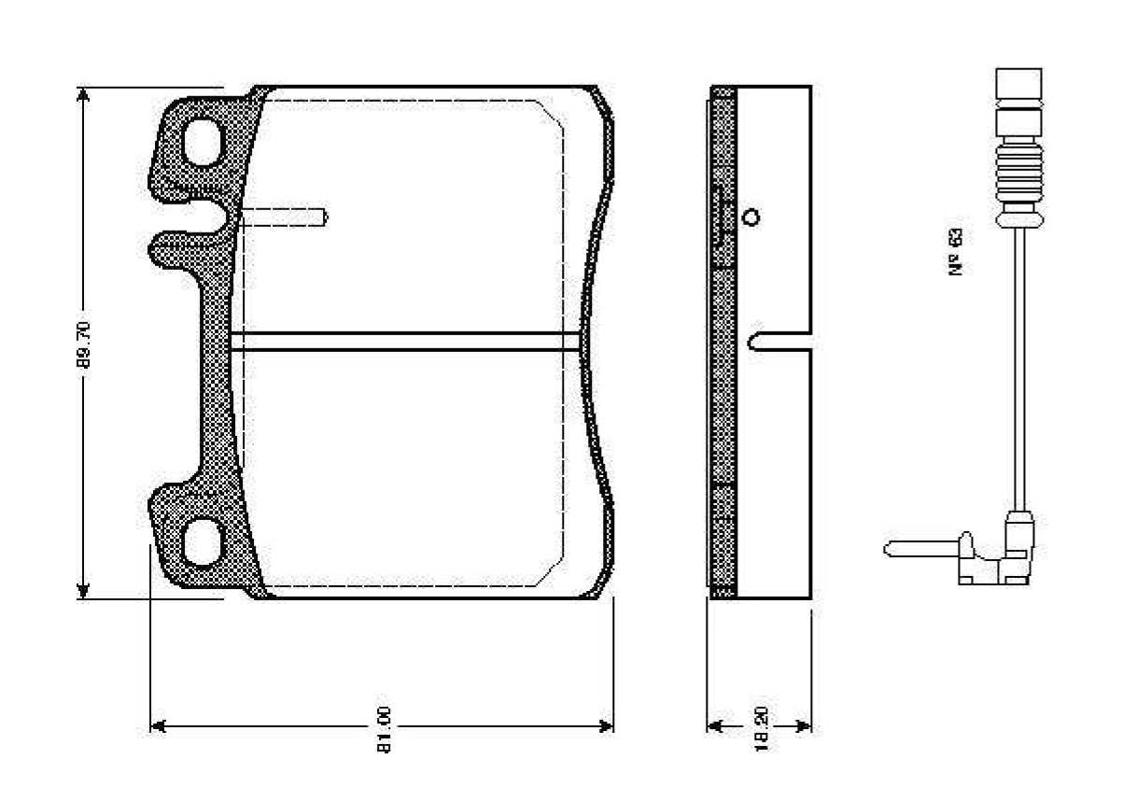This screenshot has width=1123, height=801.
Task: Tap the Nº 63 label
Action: point(956,251)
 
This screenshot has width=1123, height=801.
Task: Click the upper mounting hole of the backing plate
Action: point(203,143)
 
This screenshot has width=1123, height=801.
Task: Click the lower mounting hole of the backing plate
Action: point(203,542)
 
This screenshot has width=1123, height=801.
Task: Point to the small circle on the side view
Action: point(750,218)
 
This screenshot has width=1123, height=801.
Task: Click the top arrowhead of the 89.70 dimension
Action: point(84,96)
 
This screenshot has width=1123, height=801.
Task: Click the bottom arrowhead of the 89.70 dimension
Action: point(84,589)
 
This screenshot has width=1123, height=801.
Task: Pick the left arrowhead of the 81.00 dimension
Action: point(159,726)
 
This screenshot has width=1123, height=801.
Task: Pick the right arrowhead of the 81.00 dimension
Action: point(606,726)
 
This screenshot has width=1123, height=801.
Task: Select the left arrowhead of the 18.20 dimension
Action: point(716,726)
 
